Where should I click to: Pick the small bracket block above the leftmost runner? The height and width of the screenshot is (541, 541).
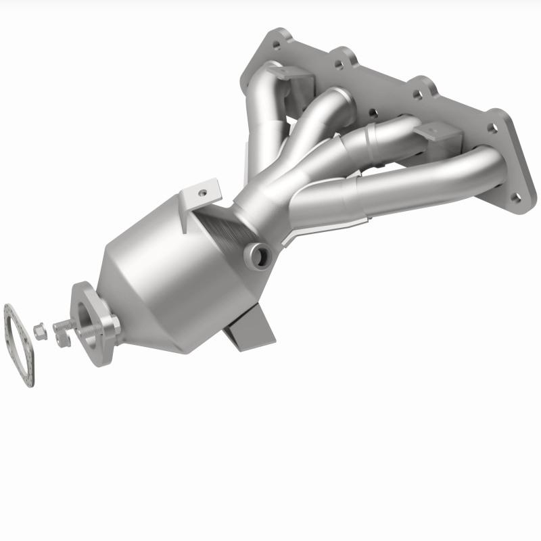pos(298,80)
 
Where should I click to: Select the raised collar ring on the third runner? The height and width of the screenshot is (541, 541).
pos(369,140)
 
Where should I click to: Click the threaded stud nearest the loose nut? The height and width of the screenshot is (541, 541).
pos(62,325)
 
